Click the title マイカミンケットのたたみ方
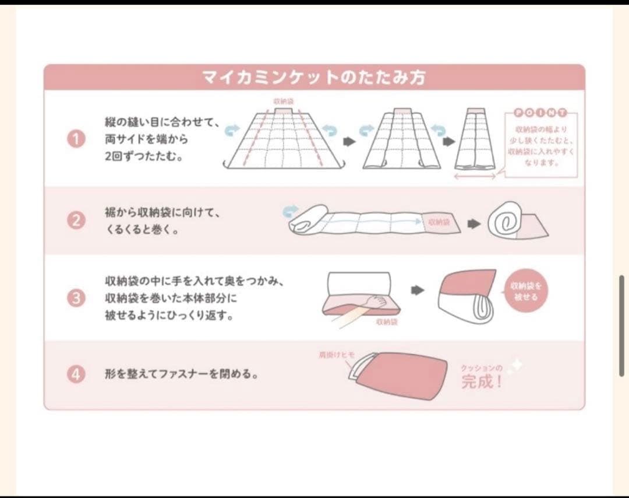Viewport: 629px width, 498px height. pyautogui.click(x=314, y=78)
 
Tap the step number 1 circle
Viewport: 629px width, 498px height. pyautogui.click(x=76, y=139)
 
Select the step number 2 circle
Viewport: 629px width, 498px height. pyautogui.click(x=76, y=221)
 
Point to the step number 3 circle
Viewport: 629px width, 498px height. pyautogui.click(x=76, y=298)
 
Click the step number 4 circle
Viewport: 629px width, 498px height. pyautogui.click(x=76, y=374)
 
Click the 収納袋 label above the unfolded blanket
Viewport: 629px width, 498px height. pyautogui.click(x=284, y=101)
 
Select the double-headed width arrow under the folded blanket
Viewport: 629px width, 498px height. pyautogui.click(x=475, y=176)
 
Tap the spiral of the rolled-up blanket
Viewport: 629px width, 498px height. pyautogui.click(x=504, y=222)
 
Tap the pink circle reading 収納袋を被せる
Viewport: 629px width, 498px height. pyautogui.click(x=526, y=292)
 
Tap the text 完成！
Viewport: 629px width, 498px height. pyautogui.click(x=481, y=383)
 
